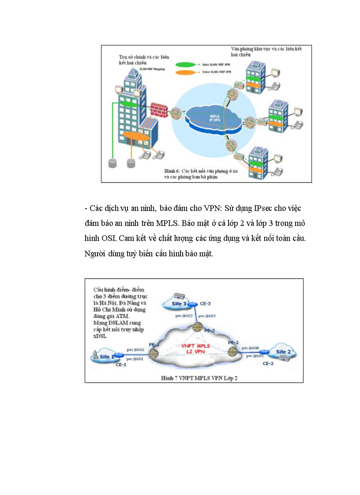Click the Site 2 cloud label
[x=283, y=352]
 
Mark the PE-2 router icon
[x=232, y=351]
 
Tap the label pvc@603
[x=207, y=316]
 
